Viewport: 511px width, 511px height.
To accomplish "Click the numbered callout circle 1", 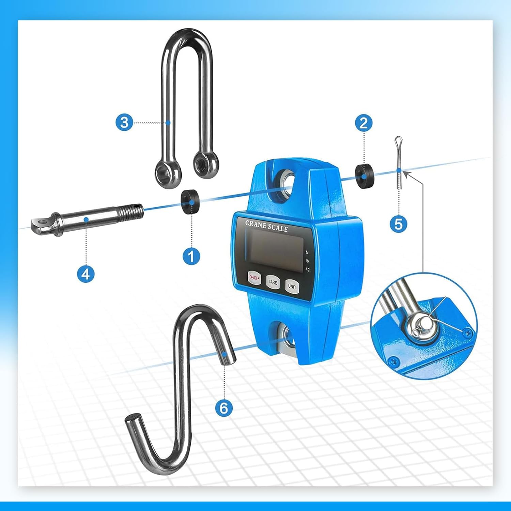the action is point(191,256).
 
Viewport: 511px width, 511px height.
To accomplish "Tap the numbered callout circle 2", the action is point(363,123).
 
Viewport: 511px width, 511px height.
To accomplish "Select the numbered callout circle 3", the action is point(124,122).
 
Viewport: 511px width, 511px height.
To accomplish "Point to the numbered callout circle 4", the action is point(86,274).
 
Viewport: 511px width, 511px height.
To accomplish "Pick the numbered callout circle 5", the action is point(398,224).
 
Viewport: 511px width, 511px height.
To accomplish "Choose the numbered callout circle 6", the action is point(224,407).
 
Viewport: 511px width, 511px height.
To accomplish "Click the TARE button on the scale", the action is point(273,282).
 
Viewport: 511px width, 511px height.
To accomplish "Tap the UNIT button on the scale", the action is point(292,287).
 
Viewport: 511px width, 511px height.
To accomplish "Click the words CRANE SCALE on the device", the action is point(266,226).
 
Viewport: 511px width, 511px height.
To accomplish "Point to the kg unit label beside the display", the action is point(308,269).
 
